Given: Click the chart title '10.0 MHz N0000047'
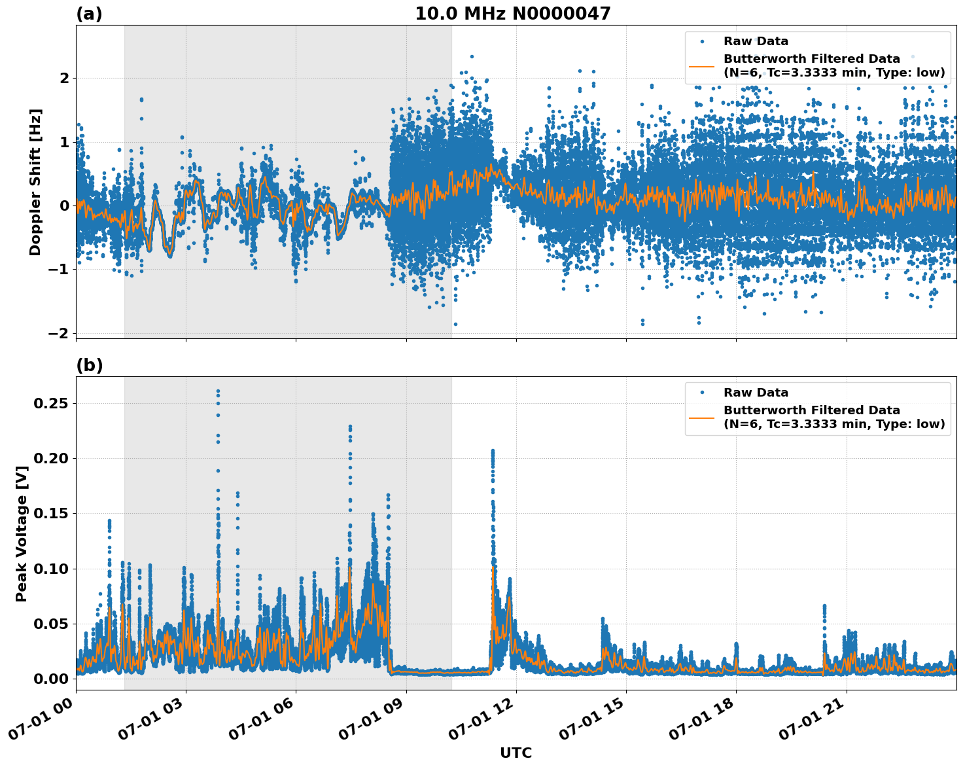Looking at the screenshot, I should coord(512,14).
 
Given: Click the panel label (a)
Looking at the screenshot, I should coord(89,14).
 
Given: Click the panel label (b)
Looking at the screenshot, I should coord(89,365).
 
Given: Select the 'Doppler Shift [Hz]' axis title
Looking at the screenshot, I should coord(35,182).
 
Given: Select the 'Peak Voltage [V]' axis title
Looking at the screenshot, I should coord(22,533).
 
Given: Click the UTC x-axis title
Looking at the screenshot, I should coord(516,753).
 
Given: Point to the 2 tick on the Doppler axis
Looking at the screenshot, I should coord(64,79).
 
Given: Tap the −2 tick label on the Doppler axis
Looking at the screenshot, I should coord(58,333).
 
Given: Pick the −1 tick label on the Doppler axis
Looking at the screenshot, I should coord(58,270).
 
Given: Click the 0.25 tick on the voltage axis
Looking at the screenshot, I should coord(51,404).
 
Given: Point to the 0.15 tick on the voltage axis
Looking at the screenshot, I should coord(51,514).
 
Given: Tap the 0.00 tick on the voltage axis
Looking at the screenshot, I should coord(51,679).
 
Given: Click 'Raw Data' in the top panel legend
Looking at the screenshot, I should coord(756,41).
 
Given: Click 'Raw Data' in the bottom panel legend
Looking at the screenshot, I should coord(756,393).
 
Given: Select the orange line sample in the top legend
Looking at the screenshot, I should coord(702,65).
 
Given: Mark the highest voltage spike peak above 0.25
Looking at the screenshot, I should coord(218,391).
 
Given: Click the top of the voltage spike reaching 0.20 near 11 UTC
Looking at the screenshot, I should coord(493,451).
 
